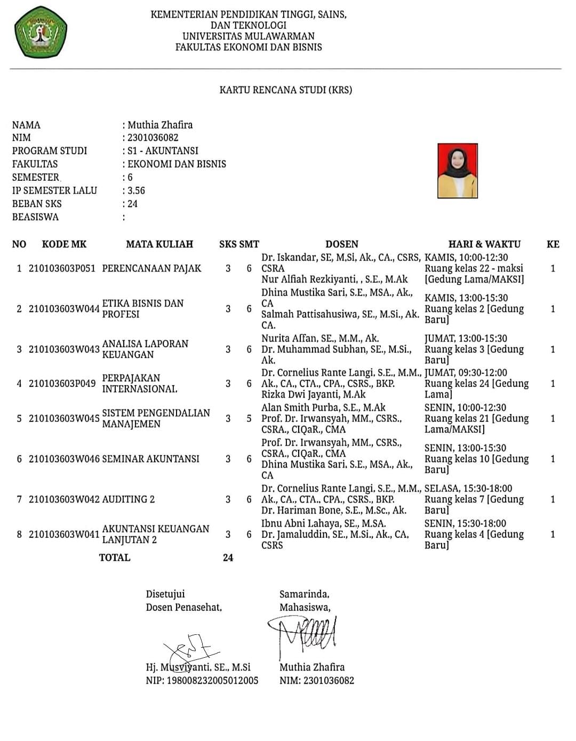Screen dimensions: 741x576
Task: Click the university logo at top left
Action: [x=41, y=32]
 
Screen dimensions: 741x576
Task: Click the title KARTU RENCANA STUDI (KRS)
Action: [x=285, y=90]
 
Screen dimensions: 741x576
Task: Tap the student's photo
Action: [x=457, y=170]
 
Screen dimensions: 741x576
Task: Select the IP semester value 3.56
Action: [x=136, y=190]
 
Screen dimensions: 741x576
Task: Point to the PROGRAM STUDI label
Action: [x=50, y=150]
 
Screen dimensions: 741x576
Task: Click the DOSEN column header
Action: [x=342, y=244]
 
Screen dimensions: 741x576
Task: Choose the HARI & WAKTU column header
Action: [x=484, y=244]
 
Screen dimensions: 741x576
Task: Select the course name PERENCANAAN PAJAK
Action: [x=151, y=268]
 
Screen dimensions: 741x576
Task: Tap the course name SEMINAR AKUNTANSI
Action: [x=150, y=459]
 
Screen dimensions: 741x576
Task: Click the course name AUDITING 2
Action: [x=128, y=499]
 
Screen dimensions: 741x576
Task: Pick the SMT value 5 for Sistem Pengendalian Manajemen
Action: [x=249, y=418]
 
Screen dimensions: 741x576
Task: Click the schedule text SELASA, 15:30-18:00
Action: [x=468, y=488]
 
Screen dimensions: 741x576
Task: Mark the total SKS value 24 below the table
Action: [x=228, y=557]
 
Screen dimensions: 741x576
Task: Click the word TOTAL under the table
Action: [x=115, y=557]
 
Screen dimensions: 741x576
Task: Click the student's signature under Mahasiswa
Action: [x=304, y=635]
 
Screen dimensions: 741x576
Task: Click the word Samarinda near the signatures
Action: [x=304, y=594]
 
